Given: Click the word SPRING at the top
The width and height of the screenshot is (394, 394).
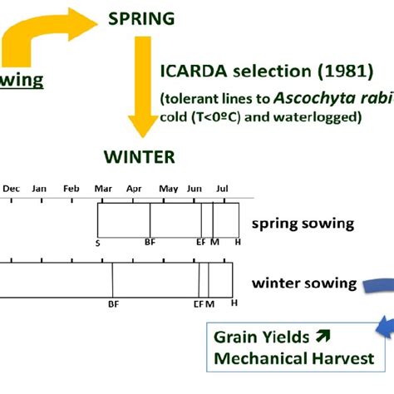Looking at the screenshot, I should (x=145, y=17).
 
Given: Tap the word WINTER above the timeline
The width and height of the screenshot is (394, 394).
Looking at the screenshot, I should (x=139, y=155).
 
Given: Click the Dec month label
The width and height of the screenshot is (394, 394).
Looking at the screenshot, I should (x=11, y=189).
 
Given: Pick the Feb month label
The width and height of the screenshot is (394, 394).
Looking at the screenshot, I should (x=71, y=189).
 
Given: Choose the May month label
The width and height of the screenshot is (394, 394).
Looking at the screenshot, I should (x=168, y=189).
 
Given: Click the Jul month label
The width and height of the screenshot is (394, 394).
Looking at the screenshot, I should (x=222, y=189).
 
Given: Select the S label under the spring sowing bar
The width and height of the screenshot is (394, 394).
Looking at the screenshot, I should (x=98, y=243).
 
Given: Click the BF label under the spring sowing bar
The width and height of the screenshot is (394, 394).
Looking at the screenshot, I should (x=150, y=243).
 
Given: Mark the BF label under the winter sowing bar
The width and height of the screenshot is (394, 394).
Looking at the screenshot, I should (x=113, y=304).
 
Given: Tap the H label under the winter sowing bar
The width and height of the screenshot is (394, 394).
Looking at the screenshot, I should (x=234, y=304).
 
